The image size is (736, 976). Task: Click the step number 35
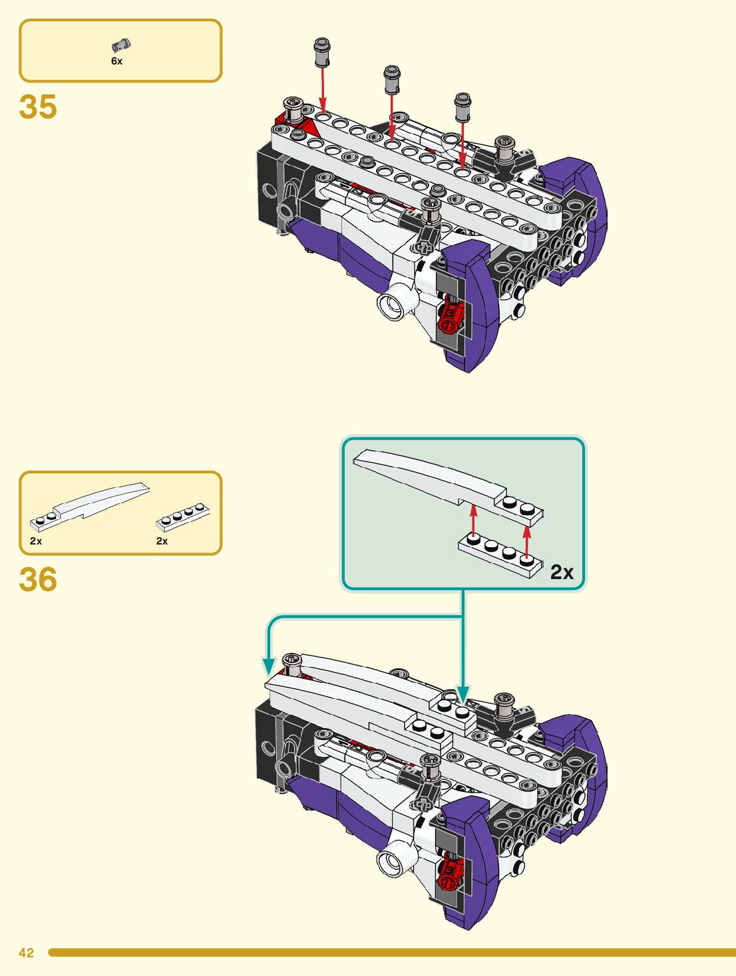click(38, 107)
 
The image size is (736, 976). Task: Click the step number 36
click(38, 579)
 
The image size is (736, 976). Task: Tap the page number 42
click(26, 953)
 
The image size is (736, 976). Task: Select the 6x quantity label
click(116, 61)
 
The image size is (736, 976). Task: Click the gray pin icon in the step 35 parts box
click(120, 45)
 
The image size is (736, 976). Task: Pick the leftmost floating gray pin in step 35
click(321, 52)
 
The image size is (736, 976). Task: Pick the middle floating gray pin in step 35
click(392, 79)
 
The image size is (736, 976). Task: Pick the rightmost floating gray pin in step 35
click(462, 107)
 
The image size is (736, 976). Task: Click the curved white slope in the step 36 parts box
click(89, 507)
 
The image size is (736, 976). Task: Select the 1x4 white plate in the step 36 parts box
click(182, 517)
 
